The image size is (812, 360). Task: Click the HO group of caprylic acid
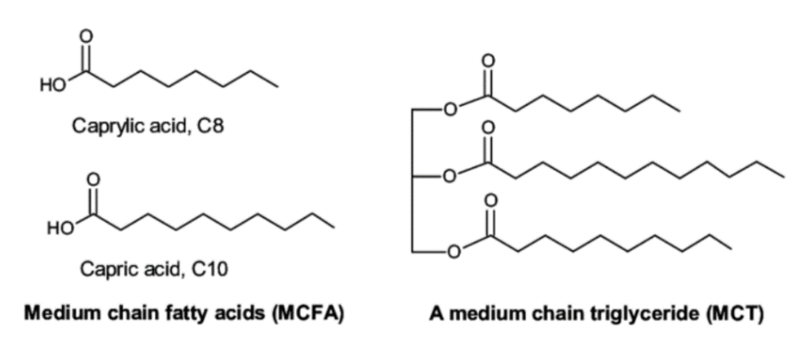pos(53,85)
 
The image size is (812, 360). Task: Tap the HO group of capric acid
pos(60,228)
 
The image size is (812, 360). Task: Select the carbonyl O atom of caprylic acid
pos(86,36)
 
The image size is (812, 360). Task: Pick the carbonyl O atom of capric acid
pos(93,179)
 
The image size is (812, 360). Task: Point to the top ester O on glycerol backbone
pos(451,109)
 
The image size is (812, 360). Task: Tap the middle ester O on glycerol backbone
pos(449,176)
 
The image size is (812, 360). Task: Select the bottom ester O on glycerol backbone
pos(454,251)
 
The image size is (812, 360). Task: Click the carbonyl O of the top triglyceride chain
pos(488,60)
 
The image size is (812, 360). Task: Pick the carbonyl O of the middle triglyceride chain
pos(488,128)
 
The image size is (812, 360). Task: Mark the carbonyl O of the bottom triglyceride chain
pos(491,201)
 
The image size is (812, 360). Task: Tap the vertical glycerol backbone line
pos(412,180)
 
